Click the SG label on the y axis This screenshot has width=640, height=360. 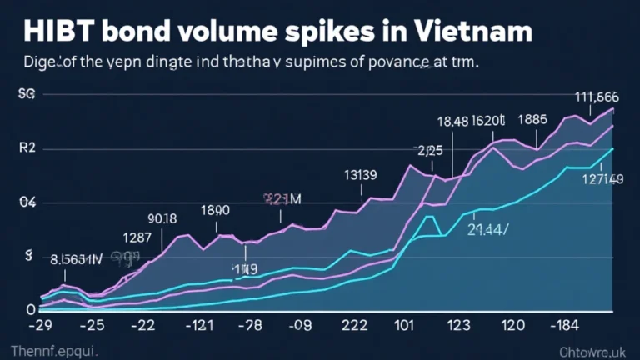[x=27, y=96]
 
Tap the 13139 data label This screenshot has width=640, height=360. [x=361, y=175]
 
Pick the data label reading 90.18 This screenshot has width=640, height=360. [x=162, y=219]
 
